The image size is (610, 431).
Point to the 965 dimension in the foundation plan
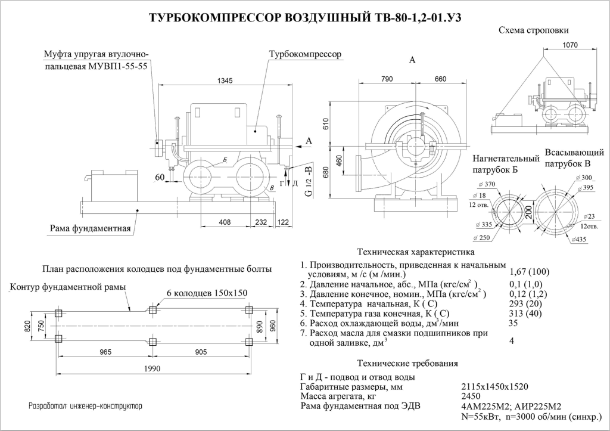click(x=105, y=352)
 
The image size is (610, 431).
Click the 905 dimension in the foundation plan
click(x=200, y=352)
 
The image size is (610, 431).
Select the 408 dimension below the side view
click(x=225, y=222)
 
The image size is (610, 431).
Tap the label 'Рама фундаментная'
click(x=88, y=229)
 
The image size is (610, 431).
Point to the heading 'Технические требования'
click(x=407, y=363)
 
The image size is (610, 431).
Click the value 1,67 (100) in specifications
click(x=530, y=272)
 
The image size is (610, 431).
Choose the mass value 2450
click(x=471, y=396)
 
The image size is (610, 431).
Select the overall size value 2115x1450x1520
click(x=494, y=386)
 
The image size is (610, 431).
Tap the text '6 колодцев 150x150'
click(x=207, y=293)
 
